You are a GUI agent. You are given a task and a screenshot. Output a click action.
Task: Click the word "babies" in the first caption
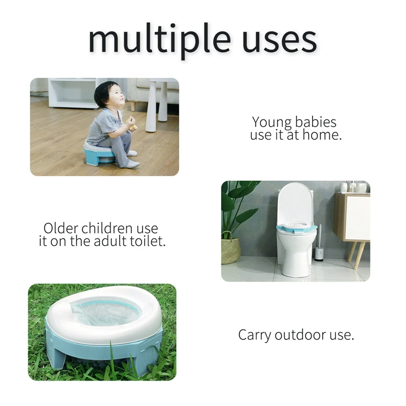click(x=315, y=122)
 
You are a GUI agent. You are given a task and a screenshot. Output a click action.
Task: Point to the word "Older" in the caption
click(x=60, y=228)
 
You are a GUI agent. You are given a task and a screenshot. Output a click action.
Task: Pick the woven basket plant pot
click(x=231, y=250)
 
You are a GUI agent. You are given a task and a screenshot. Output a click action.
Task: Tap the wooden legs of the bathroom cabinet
click(x=357, y=255)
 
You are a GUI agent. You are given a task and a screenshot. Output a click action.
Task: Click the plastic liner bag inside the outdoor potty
click(x=106, y=313)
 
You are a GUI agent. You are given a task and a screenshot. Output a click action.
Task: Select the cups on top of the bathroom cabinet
click(x=354, y=187)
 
